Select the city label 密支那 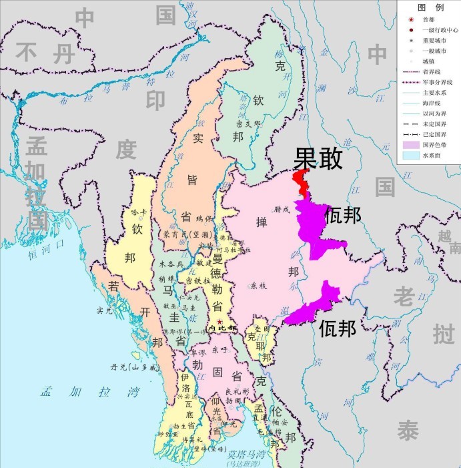(248, 124)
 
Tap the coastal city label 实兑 (104, 310)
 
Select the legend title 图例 (430, 7)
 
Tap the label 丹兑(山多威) (135, 367)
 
